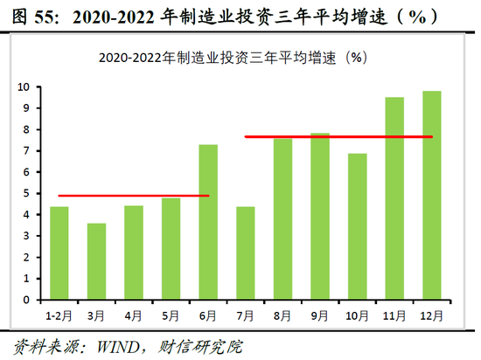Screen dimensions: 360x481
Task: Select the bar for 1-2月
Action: [59, 253]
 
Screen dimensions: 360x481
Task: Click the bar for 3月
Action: [96, 261]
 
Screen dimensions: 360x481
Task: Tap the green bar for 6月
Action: [208, 222]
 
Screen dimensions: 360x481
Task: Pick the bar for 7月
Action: [245, 253]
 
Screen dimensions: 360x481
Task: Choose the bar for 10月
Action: [357, 226]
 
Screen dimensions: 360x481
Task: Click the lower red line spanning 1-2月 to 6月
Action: [131, 196]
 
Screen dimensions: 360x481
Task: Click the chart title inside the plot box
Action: [232, 58]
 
